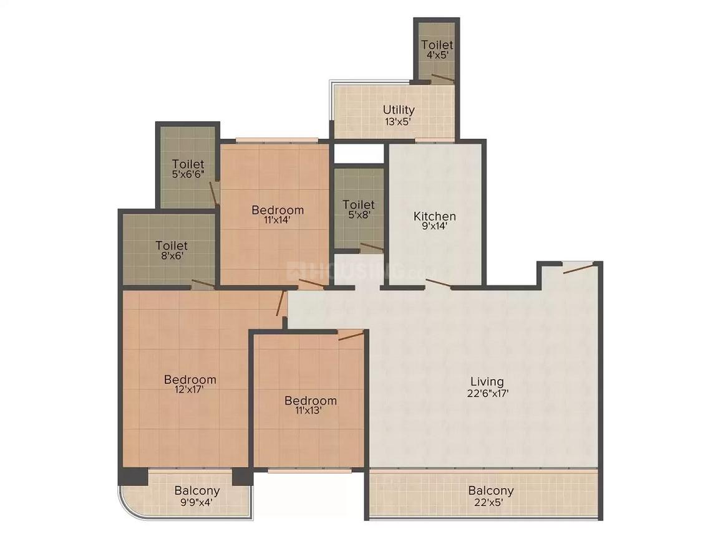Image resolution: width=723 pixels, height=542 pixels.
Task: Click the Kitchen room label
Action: pos(435,216)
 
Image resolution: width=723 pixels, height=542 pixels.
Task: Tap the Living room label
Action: pos(487,381)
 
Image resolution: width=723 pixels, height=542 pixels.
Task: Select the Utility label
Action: pos(399,110)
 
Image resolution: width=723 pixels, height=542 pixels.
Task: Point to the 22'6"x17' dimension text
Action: pos(487,393)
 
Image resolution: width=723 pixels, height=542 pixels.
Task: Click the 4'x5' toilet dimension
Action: pos(437,55)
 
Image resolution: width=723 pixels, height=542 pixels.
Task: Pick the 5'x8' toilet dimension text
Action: pos(359,215)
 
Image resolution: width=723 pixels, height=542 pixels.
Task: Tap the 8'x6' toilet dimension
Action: pos(172,256)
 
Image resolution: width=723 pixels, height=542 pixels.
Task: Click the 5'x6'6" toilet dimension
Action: pos(188,175)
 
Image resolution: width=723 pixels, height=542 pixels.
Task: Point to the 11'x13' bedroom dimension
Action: pos(311,411)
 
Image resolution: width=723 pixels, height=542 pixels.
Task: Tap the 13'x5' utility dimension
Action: pos(399,121)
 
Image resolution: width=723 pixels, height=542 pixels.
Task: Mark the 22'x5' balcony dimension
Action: pos(491,502)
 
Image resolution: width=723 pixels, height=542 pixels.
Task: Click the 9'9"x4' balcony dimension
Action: pos(197,502)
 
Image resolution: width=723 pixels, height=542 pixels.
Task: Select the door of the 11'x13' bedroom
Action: pos(351,336)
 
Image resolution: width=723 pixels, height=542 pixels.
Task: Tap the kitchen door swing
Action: pos(439,284)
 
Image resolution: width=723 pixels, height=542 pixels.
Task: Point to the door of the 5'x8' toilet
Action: pos(372,247)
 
